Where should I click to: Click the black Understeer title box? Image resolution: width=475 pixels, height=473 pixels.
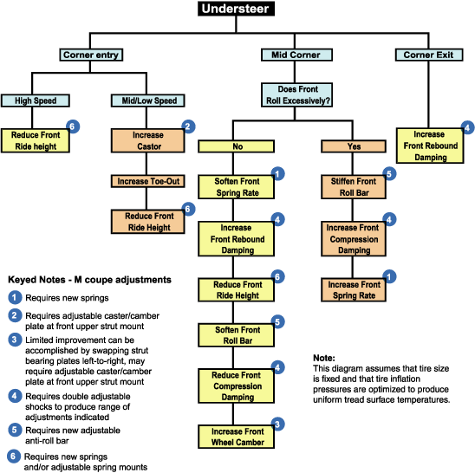coord(236,9)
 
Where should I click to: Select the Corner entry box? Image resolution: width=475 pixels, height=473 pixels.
coord(91,55)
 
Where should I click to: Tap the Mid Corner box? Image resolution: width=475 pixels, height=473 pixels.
coord(296,55)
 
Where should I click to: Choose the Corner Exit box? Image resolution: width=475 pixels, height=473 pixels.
coord(429,55)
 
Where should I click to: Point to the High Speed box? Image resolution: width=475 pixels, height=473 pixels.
coord(36,100)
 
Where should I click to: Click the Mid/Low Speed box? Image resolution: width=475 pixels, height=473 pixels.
coord(148,100)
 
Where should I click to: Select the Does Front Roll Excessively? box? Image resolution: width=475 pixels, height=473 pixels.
coord(296,94)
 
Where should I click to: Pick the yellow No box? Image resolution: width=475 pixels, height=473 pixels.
coord(237,146)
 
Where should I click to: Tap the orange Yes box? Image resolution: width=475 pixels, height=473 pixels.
coord(354,146)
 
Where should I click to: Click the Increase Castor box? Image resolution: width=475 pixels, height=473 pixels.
coord(148,140)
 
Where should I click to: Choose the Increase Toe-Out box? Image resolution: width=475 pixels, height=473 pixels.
coord(148,181)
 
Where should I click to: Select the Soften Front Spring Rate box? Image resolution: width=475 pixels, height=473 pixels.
coord(237,187)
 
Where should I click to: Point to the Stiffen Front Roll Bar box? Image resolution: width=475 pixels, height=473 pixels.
coord(354,187)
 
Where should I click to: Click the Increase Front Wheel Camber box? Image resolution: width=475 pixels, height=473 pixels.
coord(237,437)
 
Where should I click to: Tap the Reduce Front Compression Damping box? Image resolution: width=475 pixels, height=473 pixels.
coord(237,386)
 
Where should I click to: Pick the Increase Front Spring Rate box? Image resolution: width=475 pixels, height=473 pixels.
coord(354,290)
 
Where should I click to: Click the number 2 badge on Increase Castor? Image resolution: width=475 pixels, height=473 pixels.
coord(188,126)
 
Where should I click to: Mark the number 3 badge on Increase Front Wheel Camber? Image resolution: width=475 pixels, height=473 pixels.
coord(277,424)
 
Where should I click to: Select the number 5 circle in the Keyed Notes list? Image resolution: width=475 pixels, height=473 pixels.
coord(15,430)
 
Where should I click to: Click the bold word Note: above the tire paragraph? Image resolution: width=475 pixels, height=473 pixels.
coord(324,358)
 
